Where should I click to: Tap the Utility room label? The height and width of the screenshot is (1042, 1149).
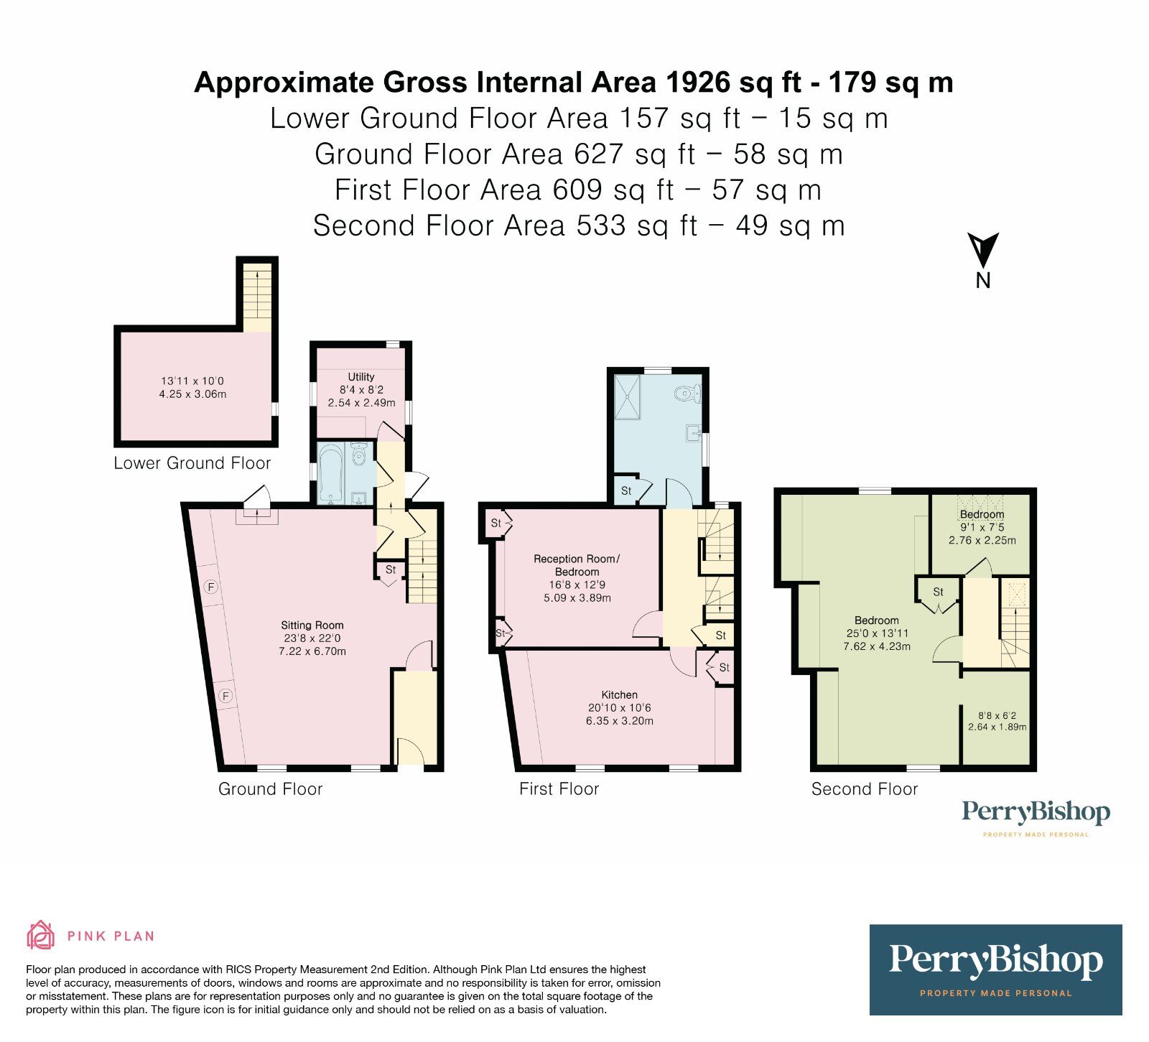361,377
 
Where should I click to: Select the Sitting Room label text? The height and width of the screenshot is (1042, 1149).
312,625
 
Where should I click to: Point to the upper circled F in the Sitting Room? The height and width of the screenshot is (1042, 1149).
211,587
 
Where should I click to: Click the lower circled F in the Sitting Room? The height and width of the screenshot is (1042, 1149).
225,696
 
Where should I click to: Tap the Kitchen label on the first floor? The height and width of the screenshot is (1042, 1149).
619,695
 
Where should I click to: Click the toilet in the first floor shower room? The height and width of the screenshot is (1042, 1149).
687,393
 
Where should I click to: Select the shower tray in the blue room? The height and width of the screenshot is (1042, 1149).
630,396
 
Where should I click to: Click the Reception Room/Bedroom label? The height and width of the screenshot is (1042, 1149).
576,565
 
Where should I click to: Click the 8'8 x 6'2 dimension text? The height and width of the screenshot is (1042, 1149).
997,716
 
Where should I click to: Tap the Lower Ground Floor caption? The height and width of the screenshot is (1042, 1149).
192,463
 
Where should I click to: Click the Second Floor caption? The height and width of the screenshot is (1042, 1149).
864,789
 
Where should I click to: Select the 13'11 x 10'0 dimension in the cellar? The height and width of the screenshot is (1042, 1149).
192,381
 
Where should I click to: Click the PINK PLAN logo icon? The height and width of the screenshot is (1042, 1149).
41,935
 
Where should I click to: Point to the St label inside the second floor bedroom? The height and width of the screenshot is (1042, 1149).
938,592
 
